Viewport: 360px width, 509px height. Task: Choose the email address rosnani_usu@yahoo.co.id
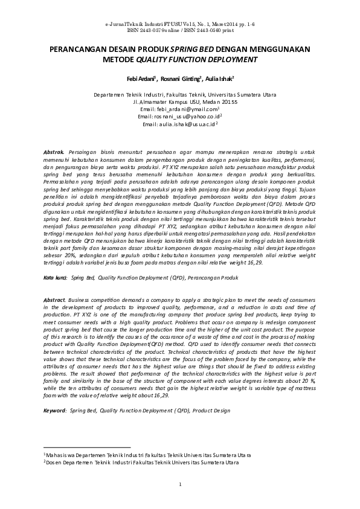[179, 117]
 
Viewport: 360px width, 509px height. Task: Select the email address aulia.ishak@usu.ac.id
[179, 124]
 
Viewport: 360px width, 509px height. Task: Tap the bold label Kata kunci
[55, 261]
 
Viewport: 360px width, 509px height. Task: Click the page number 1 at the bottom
[180, 485]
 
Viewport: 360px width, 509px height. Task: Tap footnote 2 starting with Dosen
[140, 463]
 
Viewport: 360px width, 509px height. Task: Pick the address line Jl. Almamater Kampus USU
[180, 102]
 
